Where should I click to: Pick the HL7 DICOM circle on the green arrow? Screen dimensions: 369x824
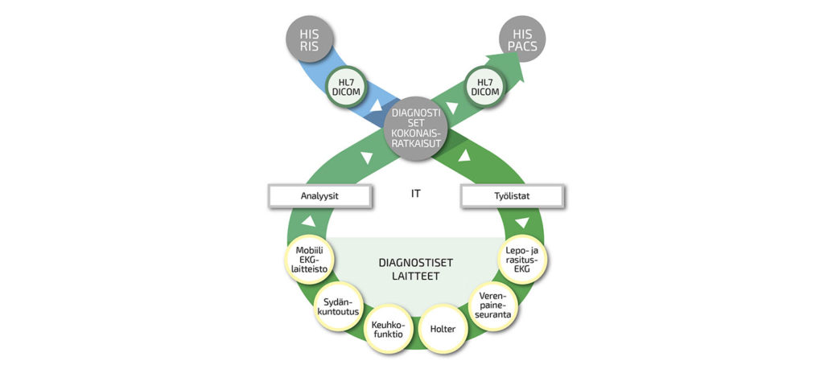(484, 87)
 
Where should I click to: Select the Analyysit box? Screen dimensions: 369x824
(320, 195)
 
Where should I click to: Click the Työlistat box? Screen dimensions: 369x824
(511, 195)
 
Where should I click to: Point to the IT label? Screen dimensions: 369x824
(415, 194)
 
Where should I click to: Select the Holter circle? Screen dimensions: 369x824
(443, 328)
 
